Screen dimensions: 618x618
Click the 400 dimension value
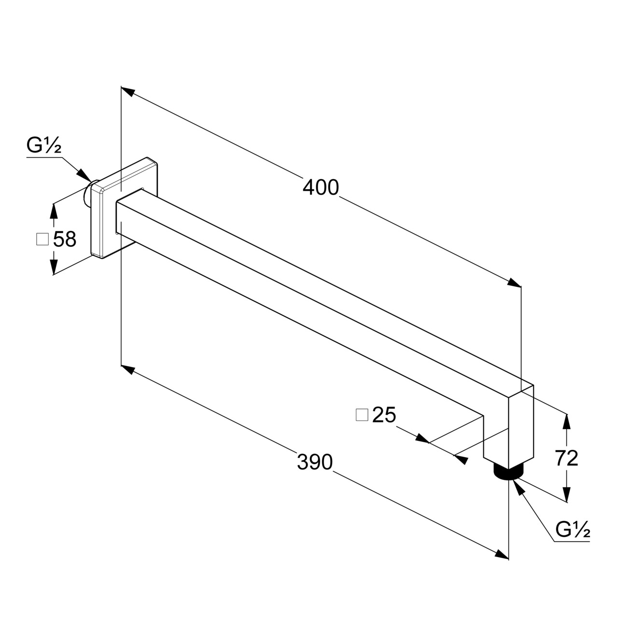point(321,188)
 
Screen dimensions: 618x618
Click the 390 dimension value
point(315,462)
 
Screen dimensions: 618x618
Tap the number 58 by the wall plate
point(65,239)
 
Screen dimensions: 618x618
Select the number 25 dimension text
point(384,415)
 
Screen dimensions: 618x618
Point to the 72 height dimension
point(566,458)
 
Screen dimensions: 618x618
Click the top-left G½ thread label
point(43,145)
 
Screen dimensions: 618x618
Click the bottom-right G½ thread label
point(573,530)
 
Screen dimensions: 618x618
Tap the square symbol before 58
point(42,239)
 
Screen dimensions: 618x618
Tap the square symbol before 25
point(362,415)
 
